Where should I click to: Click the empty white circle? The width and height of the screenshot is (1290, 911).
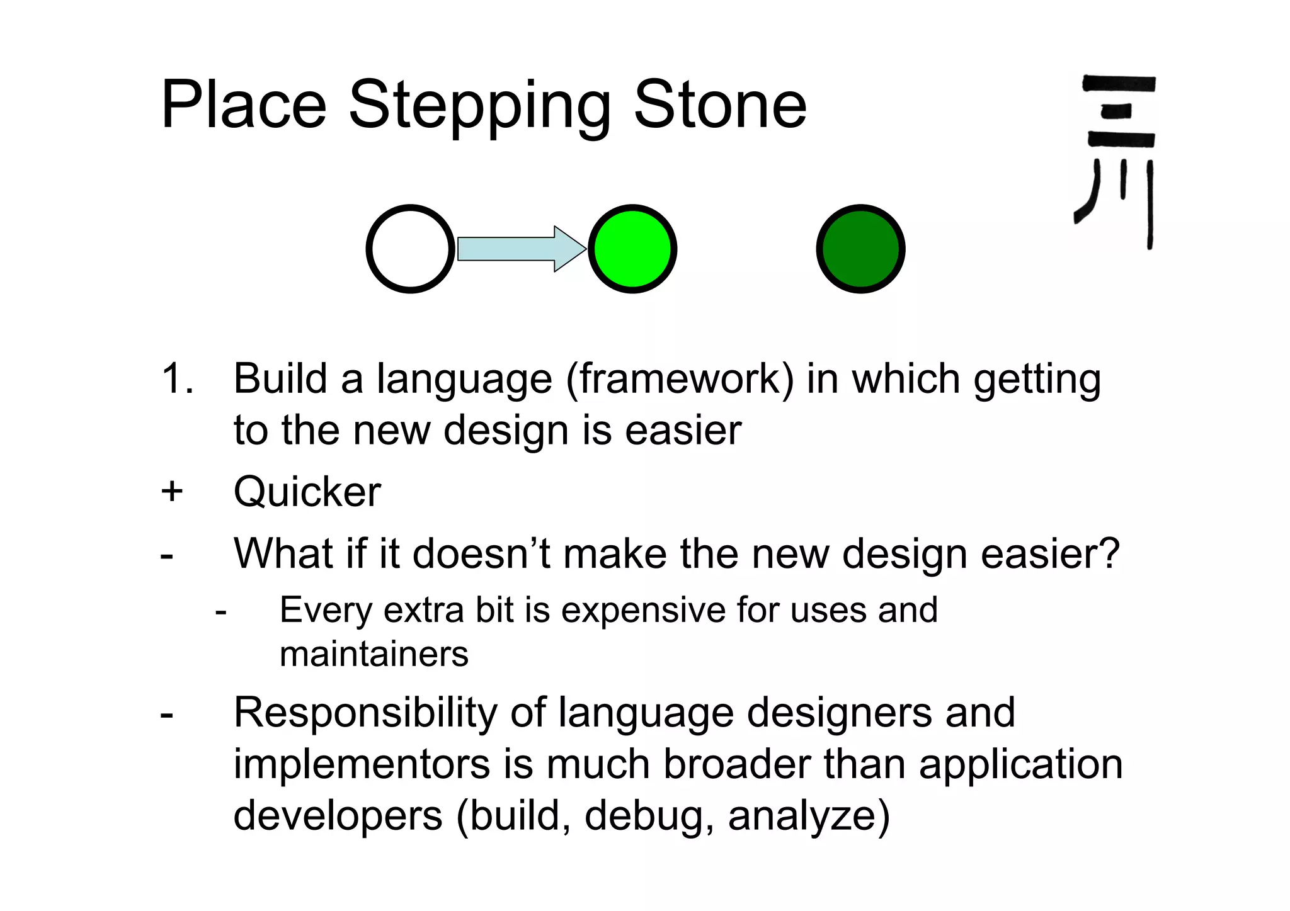pos(410,249)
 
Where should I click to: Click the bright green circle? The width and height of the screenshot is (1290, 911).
pos(632,249)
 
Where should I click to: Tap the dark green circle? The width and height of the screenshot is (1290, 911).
pos(860,249)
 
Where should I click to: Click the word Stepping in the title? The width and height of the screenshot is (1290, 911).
pos(479,106)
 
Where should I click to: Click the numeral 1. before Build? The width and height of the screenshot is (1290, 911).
pos(177,379)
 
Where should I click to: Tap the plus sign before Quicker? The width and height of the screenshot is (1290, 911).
pos(171,491)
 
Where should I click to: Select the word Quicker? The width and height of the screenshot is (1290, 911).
pos(307,492)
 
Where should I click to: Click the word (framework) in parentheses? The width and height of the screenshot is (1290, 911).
pos(680,380)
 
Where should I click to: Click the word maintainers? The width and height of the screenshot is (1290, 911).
pos(374,654)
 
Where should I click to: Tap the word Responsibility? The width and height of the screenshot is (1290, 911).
pos(366,713)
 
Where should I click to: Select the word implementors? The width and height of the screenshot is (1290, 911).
pos(362,764)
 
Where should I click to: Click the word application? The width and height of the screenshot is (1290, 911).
pos(1020,766)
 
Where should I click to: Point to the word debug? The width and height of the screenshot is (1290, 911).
pos(649,817)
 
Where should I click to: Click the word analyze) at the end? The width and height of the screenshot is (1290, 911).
pos(809,817)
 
